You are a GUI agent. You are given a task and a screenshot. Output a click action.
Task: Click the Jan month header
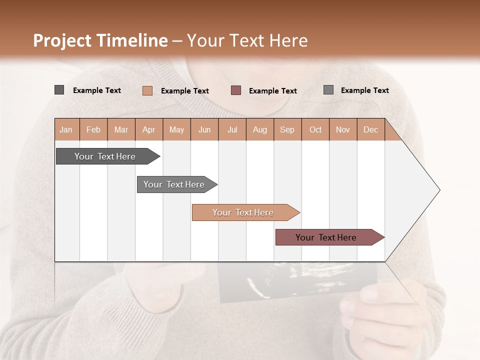[x=66, y=129]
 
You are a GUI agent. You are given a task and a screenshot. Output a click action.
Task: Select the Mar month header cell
[x=121, y=129]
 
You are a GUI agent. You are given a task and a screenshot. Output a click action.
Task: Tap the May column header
[x=176, y=129]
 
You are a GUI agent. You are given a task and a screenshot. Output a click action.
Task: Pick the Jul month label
[x=232, y=129]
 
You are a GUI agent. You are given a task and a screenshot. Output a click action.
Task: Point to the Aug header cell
[x=260, y=129]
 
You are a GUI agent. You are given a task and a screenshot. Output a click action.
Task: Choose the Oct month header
[x=315, y=129]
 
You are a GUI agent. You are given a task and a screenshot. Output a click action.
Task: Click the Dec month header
[x=370, y=129]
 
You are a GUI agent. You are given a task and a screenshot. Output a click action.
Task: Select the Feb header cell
[x=93, y=129]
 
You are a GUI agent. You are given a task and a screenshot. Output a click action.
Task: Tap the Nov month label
[x=343, y=129]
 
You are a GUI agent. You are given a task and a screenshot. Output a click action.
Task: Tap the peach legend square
[x=147, y=90]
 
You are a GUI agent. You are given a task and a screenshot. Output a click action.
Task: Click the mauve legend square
[x=236, y=90]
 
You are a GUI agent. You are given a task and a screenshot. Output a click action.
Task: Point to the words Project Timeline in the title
[x=100, y=40]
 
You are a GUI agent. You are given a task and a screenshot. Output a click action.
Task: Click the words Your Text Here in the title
[x=247, y=40]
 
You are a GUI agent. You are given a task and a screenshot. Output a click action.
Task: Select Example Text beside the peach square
[x=185, y=91]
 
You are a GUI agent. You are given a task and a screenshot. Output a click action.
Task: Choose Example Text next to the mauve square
[x=273, y=91]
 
